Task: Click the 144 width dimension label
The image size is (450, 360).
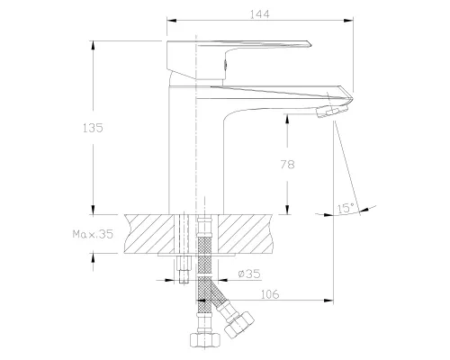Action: point(260,14)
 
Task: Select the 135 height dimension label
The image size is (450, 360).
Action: point(93,128)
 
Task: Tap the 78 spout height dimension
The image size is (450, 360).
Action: point(287,165)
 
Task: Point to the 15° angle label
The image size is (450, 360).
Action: point(346,208)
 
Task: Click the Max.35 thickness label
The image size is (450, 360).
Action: point(93,234)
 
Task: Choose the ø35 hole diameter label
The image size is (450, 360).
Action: point(249,274)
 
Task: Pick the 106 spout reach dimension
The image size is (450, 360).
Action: point(270,294)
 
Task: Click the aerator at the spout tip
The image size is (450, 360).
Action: point(332,111)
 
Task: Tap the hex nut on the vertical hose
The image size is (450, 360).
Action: point(205,339)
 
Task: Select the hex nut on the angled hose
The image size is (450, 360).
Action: point(239,325)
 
